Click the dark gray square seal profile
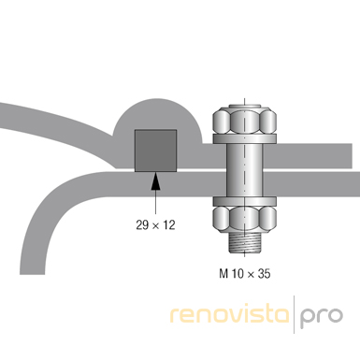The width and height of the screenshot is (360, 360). tap(155, 151)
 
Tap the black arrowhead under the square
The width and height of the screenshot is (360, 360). tap(155, 182)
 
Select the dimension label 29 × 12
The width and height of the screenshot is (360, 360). tap(155, 224)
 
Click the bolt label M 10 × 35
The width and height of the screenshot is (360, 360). tap(245, 274)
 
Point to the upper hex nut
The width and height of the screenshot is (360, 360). tap(245, 121)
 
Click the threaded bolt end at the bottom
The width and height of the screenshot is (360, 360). tap(245, 243)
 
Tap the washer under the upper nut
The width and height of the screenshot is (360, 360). tap(245, 139)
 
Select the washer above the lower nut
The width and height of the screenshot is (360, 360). tap(245, 201)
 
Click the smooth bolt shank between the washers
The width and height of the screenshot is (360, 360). tap(245, 170)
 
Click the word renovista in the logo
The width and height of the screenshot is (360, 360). tap(230, 315)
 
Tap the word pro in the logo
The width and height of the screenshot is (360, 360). tap(322, 318)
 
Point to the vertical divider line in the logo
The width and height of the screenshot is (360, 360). tap(294, 314)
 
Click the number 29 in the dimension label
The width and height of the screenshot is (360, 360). tap(142, 224)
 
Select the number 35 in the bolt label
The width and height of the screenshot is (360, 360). tap(265, 274)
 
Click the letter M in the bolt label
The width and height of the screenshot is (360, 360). tap(223, 274)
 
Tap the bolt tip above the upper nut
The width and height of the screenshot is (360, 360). tap(245, 106)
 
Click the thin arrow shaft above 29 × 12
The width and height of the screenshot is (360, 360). tap(155, 202)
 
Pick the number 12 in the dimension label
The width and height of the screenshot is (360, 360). tap(169, 224)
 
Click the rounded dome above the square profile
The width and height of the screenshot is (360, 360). tap(157, 115)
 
